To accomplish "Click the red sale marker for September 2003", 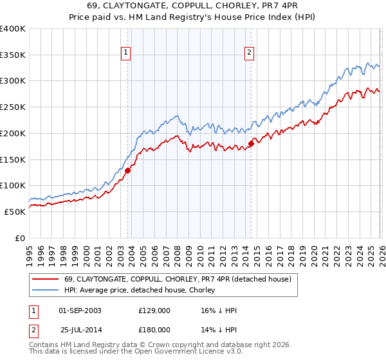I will pos(128,170).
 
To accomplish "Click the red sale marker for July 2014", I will pos(251,143).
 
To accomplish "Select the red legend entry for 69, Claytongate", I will pos(178,279).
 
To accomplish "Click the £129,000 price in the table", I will pos(154,310).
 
